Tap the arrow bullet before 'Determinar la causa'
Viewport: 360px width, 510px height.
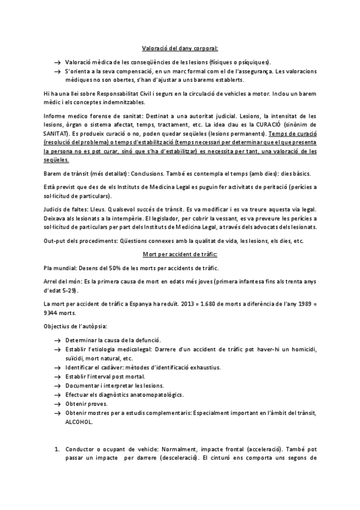tap(56, 340)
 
